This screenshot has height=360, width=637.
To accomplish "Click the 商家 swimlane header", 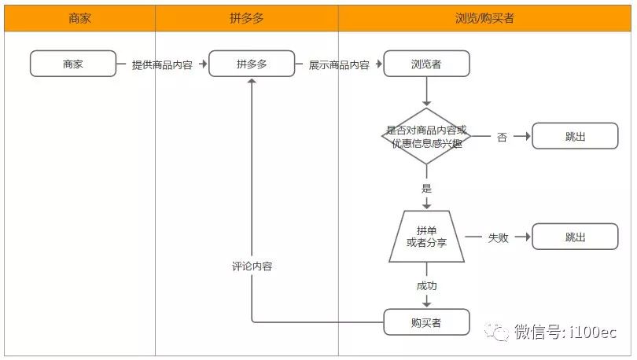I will click(79, 18).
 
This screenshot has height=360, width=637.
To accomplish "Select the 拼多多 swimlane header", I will click(246, 18).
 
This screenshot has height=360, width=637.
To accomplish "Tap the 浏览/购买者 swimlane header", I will click(484, 18).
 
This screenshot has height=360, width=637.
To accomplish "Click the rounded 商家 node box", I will click(73, 64).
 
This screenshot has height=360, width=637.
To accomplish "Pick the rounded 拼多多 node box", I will click(252, 64).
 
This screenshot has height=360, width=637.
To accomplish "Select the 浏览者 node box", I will click(426, 64).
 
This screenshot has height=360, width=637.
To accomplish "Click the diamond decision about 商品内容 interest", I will click(426, 137).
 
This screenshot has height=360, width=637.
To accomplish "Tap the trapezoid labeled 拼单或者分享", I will click(426, 237).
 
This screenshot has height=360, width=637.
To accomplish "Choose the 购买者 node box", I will click(426, 322).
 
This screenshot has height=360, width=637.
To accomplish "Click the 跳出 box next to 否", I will click(575, 137).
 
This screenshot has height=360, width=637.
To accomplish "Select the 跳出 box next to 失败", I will click(575, 237).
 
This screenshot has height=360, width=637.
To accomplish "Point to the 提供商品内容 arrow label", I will click(162, 65).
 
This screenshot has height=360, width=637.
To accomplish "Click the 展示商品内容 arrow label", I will click(339, 65).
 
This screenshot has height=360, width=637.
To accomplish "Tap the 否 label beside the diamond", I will click(502, 138).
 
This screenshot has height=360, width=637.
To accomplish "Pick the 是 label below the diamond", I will click(426, 189).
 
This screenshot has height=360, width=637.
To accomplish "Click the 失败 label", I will click(498, 237).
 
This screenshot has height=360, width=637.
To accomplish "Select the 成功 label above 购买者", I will click(426, 286).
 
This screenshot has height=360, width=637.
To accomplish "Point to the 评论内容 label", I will click(252, 266).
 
